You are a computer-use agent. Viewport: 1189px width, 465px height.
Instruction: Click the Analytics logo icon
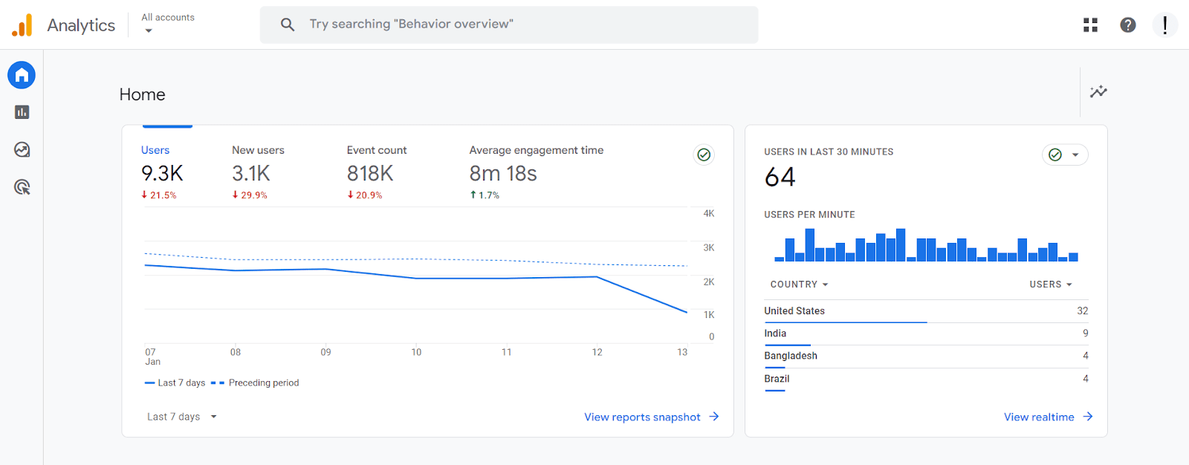click(x=22, y=25)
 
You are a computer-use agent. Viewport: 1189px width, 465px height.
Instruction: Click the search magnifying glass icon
click(x=288, y=25)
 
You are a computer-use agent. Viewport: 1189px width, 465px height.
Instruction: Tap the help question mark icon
click(x=1127, y=25)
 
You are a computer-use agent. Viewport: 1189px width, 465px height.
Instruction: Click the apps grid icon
click(x=1090, y=25)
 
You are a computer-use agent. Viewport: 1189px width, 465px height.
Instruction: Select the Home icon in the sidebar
click(x=22, y=75)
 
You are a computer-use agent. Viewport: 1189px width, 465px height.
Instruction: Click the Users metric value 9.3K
click(x=162, y=174)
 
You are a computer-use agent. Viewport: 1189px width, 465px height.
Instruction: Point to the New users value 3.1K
click(x=251, y=174)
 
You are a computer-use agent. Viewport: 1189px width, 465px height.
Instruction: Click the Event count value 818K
click(x=370, y=174)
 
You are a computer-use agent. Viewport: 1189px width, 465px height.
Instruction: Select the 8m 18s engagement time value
click(x=503, y=174)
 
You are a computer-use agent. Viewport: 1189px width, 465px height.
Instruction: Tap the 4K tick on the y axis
click(x=709, y=214)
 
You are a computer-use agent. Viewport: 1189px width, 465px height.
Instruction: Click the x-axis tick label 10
click(x=416, y=352)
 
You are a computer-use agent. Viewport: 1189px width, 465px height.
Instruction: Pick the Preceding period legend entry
click(x=263, y=383)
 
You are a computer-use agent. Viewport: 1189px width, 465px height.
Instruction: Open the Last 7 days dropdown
click(x=181, y=417)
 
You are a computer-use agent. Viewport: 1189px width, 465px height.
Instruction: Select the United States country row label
click(x=794, y=311)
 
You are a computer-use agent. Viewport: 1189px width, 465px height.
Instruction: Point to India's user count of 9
click(x=1085, y=334)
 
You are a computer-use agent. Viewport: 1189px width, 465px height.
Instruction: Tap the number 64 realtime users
click(x=780, y=178)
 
